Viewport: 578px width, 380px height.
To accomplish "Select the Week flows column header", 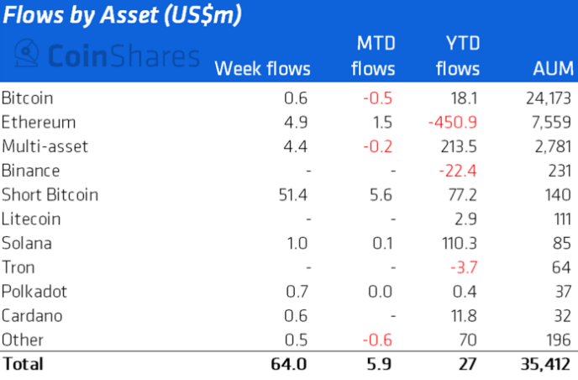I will (263, 69).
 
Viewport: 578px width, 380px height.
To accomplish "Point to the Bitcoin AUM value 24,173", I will (538, 98).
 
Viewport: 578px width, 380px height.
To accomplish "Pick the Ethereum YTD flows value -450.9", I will (454, 123).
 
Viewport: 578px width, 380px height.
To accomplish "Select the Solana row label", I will (27, 244).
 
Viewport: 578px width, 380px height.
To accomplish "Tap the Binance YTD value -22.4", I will (459, 171).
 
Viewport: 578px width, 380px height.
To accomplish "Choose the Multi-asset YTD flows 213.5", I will (460, 147).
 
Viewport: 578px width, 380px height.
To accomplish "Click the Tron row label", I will (18, 267).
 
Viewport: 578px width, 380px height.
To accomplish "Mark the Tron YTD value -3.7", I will (464, 267).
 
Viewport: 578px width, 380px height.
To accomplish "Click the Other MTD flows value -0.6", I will (378, 340).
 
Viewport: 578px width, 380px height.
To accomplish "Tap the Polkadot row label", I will (34, 292).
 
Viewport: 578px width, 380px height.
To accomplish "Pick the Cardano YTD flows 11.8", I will (465, 316).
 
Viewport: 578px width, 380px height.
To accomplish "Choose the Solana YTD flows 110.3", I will (460, 244).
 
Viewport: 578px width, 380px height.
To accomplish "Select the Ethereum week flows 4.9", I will (298, 123).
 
